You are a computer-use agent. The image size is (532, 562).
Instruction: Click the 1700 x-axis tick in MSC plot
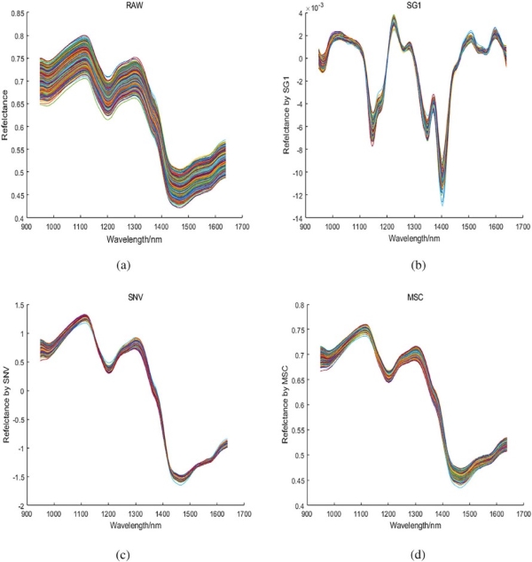point(512,516)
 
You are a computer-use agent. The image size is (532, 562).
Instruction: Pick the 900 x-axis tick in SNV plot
point(35,516)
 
